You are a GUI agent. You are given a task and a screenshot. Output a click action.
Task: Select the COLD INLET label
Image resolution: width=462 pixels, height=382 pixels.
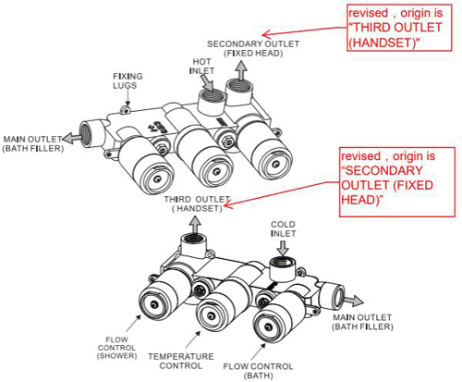point(283,228)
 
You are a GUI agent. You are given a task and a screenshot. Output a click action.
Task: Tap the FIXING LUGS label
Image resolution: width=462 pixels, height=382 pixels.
point(127,80)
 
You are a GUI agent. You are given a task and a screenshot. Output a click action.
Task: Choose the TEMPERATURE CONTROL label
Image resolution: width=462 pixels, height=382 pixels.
point(181,361)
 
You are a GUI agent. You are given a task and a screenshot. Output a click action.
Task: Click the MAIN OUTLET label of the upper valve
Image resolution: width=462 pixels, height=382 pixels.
point(32,142)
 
